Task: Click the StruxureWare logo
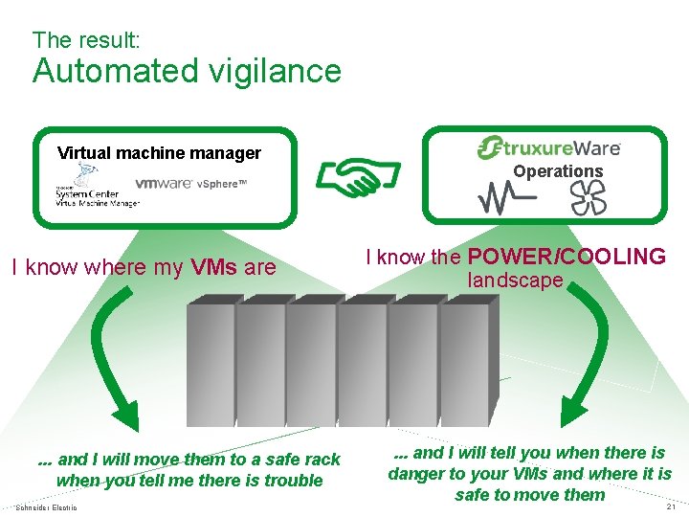click(548, 147)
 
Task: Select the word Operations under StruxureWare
click(558, 171)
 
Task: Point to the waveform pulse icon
click(502, 198)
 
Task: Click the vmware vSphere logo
click(190, 184)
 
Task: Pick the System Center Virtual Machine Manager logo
click(96, 187)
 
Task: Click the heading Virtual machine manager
click(159, 152)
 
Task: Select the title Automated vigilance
click(187, 71)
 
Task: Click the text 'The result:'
click(86, 40)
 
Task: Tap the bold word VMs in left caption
click(211, 267)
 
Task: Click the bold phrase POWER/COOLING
click(567, 257)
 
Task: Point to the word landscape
click(515, 281)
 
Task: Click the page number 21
click(671, 507)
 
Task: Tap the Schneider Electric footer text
click(47, 506)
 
